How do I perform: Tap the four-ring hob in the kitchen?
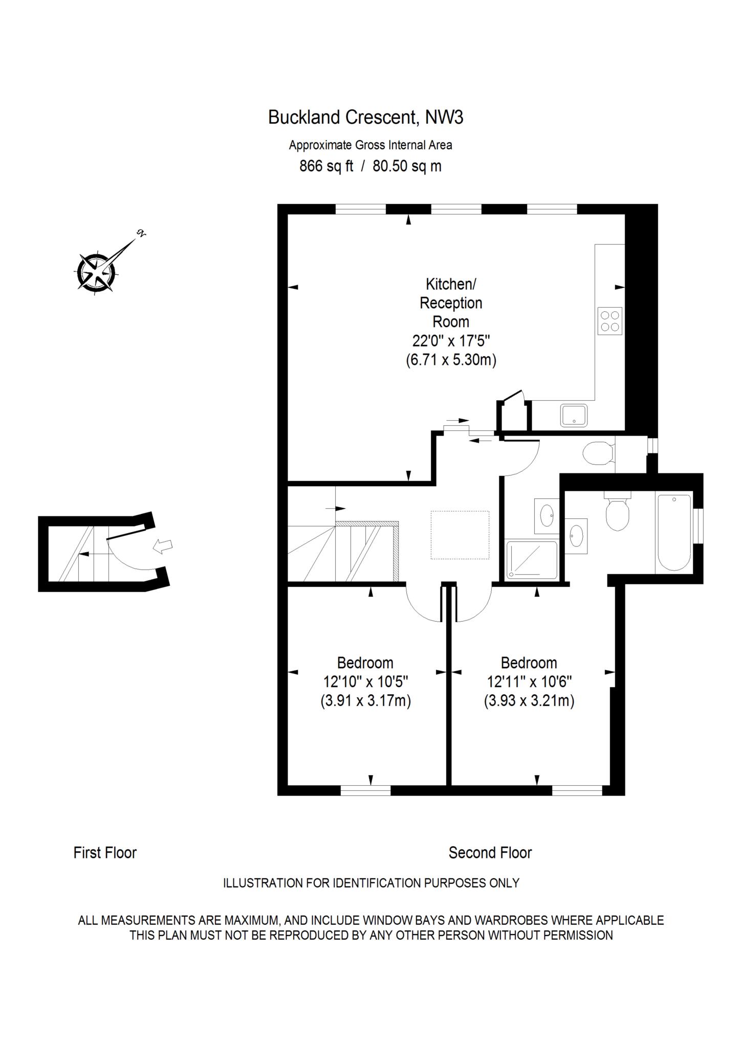click(x=609, y=321)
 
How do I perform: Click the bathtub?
click(x=674, y=532)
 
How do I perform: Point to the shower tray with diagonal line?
click(x=531, y=560)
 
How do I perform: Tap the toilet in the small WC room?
click(x=598, y=453)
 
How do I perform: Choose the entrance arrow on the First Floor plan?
click(x=163, y=547)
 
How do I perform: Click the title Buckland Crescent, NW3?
click(x=365, y=118)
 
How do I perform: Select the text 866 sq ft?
click(x=326, y=167)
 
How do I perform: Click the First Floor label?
click(x=105, y=853)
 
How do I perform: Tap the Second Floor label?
click(x=490, y=853)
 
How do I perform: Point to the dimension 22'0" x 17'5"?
click(x=451, y=341)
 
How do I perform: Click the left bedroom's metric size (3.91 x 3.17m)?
click(x=365, y=700)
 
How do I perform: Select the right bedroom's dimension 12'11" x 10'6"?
click(x=529, y=681)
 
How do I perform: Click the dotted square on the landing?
click(x=460, y=535)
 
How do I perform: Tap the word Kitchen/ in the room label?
click(x=451, y=284)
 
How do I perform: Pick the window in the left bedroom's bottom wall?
click(x=365, y=790)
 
